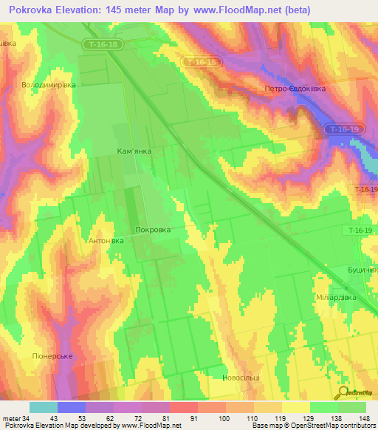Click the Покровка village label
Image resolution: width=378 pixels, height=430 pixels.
click(154, 230)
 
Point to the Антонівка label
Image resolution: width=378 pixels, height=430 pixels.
click(106, 241)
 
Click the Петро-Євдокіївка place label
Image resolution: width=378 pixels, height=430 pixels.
click(295, 88)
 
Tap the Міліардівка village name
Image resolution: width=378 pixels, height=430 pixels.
click(336, 297)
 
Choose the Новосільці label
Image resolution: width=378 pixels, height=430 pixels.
click(241, 378)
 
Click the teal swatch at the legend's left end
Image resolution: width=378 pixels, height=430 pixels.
click(43, 407)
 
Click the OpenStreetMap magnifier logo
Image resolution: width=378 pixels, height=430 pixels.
click(344, 392)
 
